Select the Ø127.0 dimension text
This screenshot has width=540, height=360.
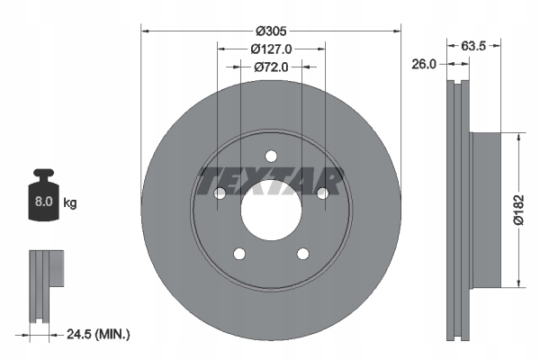click(270, 49)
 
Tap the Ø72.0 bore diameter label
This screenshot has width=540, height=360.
click(270, 67)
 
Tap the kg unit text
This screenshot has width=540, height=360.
click(70, 203)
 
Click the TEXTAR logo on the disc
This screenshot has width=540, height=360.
click(270, 179)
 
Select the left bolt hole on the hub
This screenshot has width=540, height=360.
click(219, 193)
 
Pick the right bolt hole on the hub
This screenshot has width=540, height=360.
click(322, 193)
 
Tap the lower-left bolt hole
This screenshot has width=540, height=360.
click(238, 254)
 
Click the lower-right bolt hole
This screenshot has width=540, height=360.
click(302, 254)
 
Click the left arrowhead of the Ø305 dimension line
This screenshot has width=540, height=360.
click(145, 31)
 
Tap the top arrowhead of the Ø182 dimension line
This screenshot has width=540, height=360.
click(518, 136)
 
